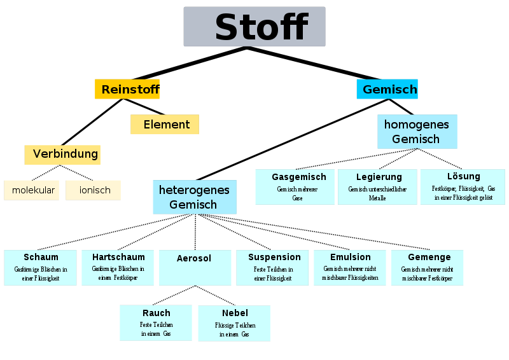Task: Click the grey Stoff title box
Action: (x=254, y=27)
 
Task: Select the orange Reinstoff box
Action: (x=127, y=89)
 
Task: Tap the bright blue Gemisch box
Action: (x=387, y=89)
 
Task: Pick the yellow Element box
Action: (x=165, y=124)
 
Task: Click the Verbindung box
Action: (x=62, y=155)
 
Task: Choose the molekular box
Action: (x=31, y=190)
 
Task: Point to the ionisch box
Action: (x=93, y=190)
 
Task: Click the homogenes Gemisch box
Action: (x=417, y=132)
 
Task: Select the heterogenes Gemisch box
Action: (x=195, y=197)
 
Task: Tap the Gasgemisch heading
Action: (x=299, y=177)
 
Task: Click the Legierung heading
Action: (x=379, y=177)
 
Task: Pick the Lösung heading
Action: (x=464, y=176)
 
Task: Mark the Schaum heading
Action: (x=41, y=257)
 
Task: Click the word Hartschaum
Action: (x=118, y=257)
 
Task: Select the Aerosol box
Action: (x=195, y=268)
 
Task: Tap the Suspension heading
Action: (x=274, y=257)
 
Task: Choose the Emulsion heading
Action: (x=351, y=257)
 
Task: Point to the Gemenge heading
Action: (x=429, y=257)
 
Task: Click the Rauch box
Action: (x=156, y=322)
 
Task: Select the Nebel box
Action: (x=234, y=323)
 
